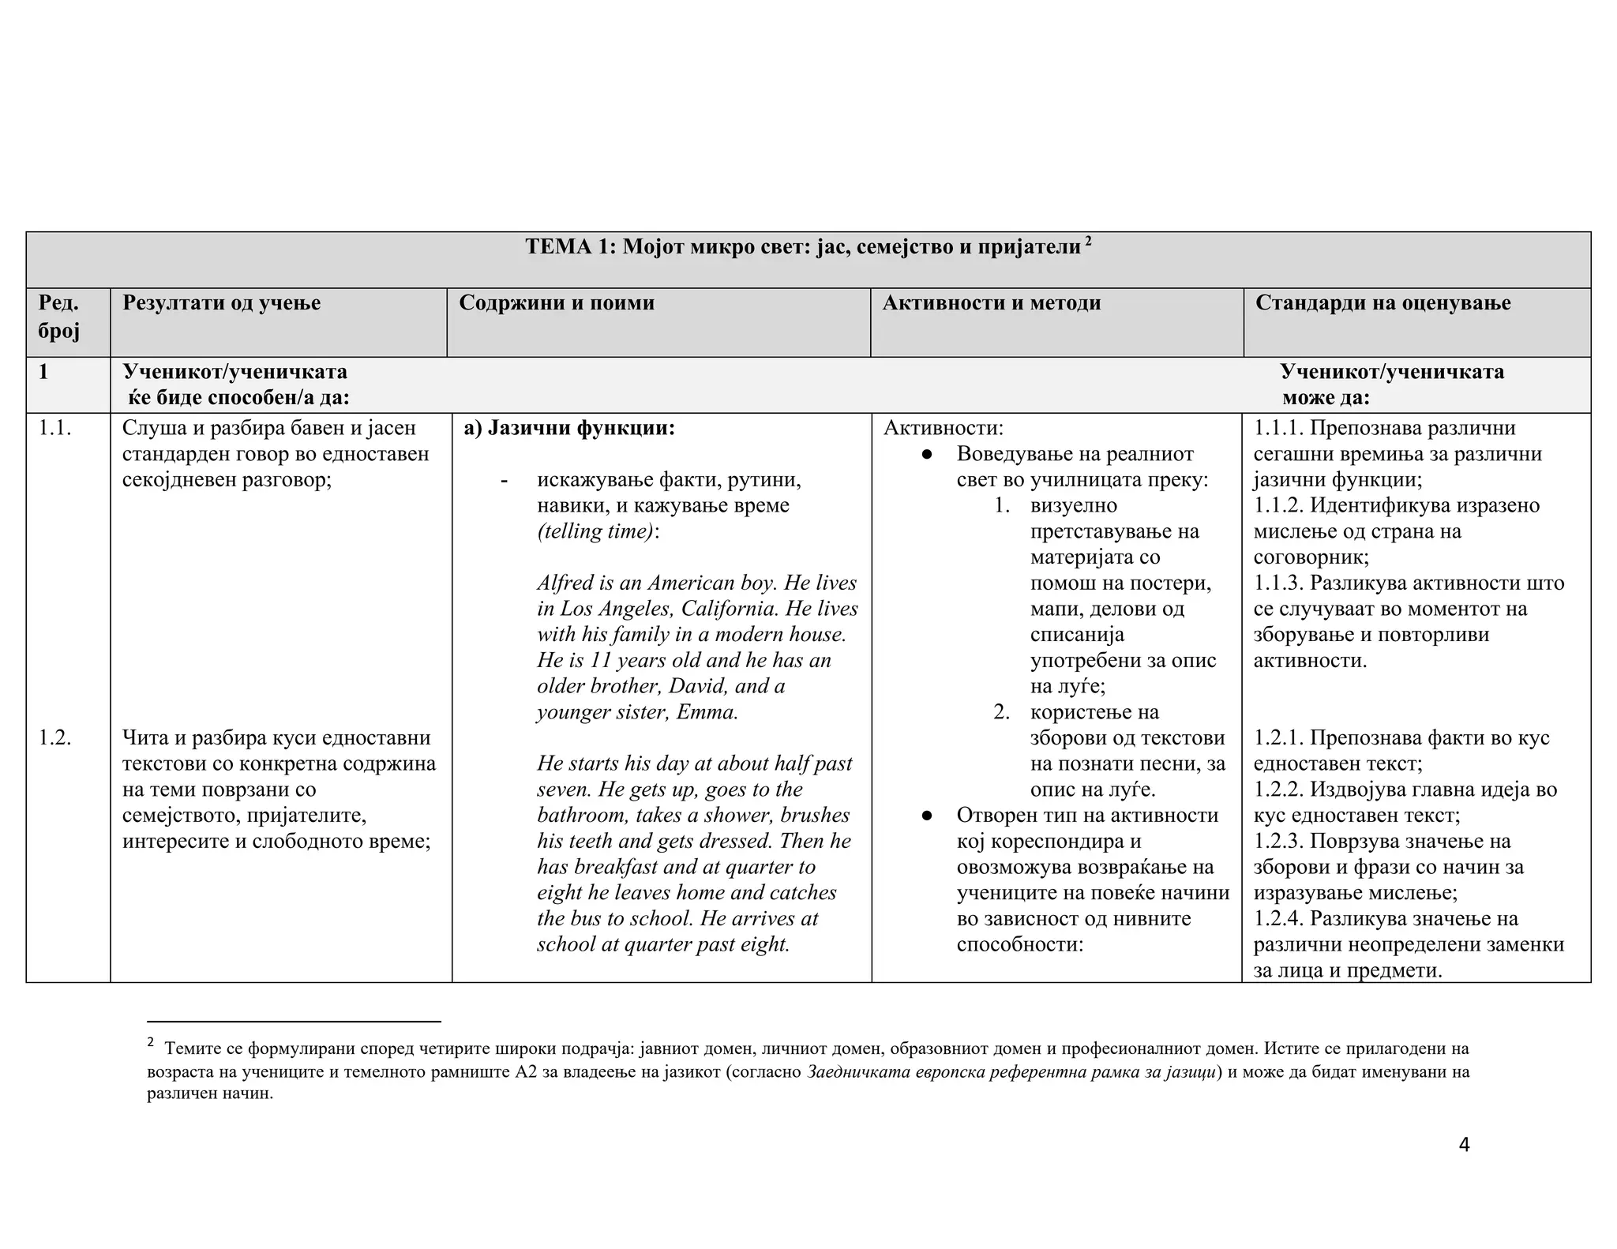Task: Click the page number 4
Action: (1464, 1145)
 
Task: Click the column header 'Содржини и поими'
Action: (557, 303)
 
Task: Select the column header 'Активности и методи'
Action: (991, 303)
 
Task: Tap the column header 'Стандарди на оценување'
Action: (1383, 303)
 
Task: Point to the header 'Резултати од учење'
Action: (221, 303)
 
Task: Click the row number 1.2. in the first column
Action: (55, 738)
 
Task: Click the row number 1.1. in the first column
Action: (55, 428)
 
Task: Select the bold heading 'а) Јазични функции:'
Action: (569, 428)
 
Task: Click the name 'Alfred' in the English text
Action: (565, 583)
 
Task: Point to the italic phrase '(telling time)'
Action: (595, 531)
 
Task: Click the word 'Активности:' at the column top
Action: (943, 428)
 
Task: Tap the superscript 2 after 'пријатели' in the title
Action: (1089, 240)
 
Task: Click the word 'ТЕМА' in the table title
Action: (557, 247)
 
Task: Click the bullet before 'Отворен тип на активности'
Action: (928, 816)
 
